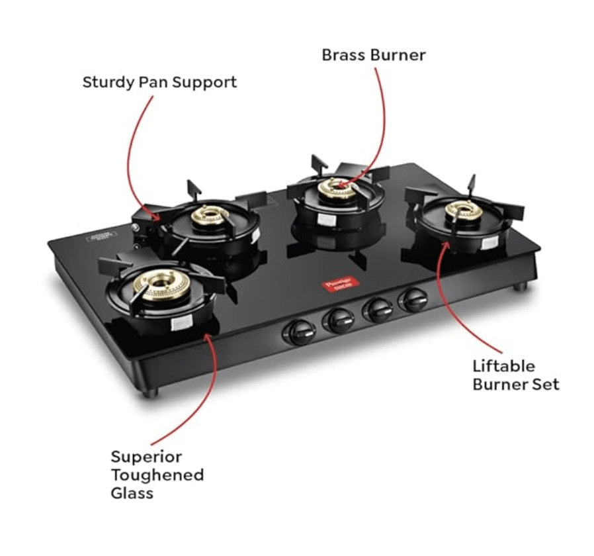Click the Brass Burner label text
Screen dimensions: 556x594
373,55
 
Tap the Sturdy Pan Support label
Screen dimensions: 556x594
159,83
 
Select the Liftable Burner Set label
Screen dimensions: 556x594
515,375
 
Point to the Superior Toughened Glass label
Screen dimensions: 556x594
157,475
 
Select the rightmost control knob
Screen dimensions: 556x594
413,300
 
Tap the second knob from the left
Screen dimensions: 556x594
338,321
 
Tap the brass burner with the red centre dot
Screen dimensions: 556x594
339,187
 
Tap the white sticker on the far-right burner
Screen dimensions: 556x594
490,242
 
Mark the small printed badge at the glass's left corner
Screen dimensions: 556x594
101,236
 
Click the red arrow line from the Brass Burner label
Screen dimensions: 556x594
381,113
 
